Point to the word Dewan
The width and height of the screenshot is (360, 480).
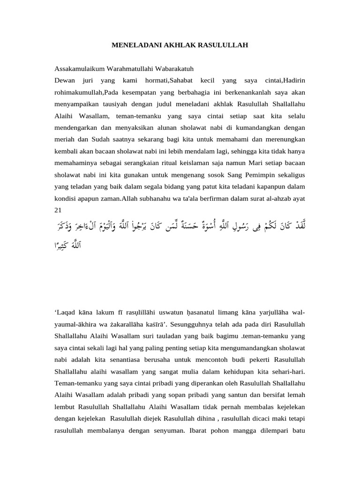pos(65,81)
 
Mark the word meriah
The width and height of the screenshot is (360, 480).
pos(65,139)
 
